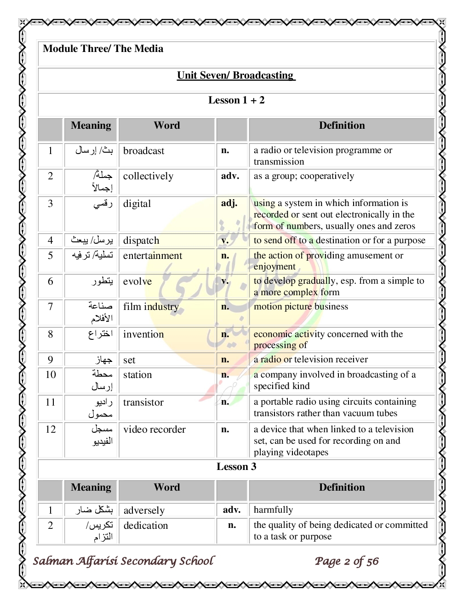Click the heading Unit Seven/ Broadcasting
pyautogui.click(x=236, y=75)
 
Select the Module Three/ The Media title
pyautogui.click(x=103, y=49)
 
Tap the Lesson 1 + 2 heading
pyautogui.click(x=236, y=100)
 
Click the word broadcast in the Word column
pyautogui.click(x=143, y=151)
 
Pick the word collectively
pyautogui.click(x=148, y=176)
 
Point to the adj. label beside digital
pyautogui.click(x=229, y=203)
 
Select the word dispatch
pyautogui.click(x=141, y=241)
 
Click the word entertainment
pyautogui.click(x=153, y=256)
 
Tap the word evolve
pyautogui.click(x=137, y=281)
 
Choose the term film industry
pyautogui.click(x=151, y=307)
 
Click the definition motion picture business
pyautogui.click(x=301, y=307)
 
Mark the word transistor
pyautogui.click(x=143, y=402)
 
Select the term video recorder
pyautogui.click(x=154, y=429)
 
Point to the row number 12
pyautogui.click(x=51, y=429)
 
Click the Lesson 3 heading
pyautogui.click(x=236, y=467)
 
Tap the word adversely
pyautogui.click(x=144, y=510)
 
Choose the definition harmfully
pyautogui.click(x=273, y=510)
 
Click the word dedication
pyautogui.click(x=146, y=526)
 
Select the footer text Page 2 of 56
pyautogui.click(x=347, y=561)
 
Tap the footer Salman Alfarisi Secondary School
pyautogui.click(x=123, y=561)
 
